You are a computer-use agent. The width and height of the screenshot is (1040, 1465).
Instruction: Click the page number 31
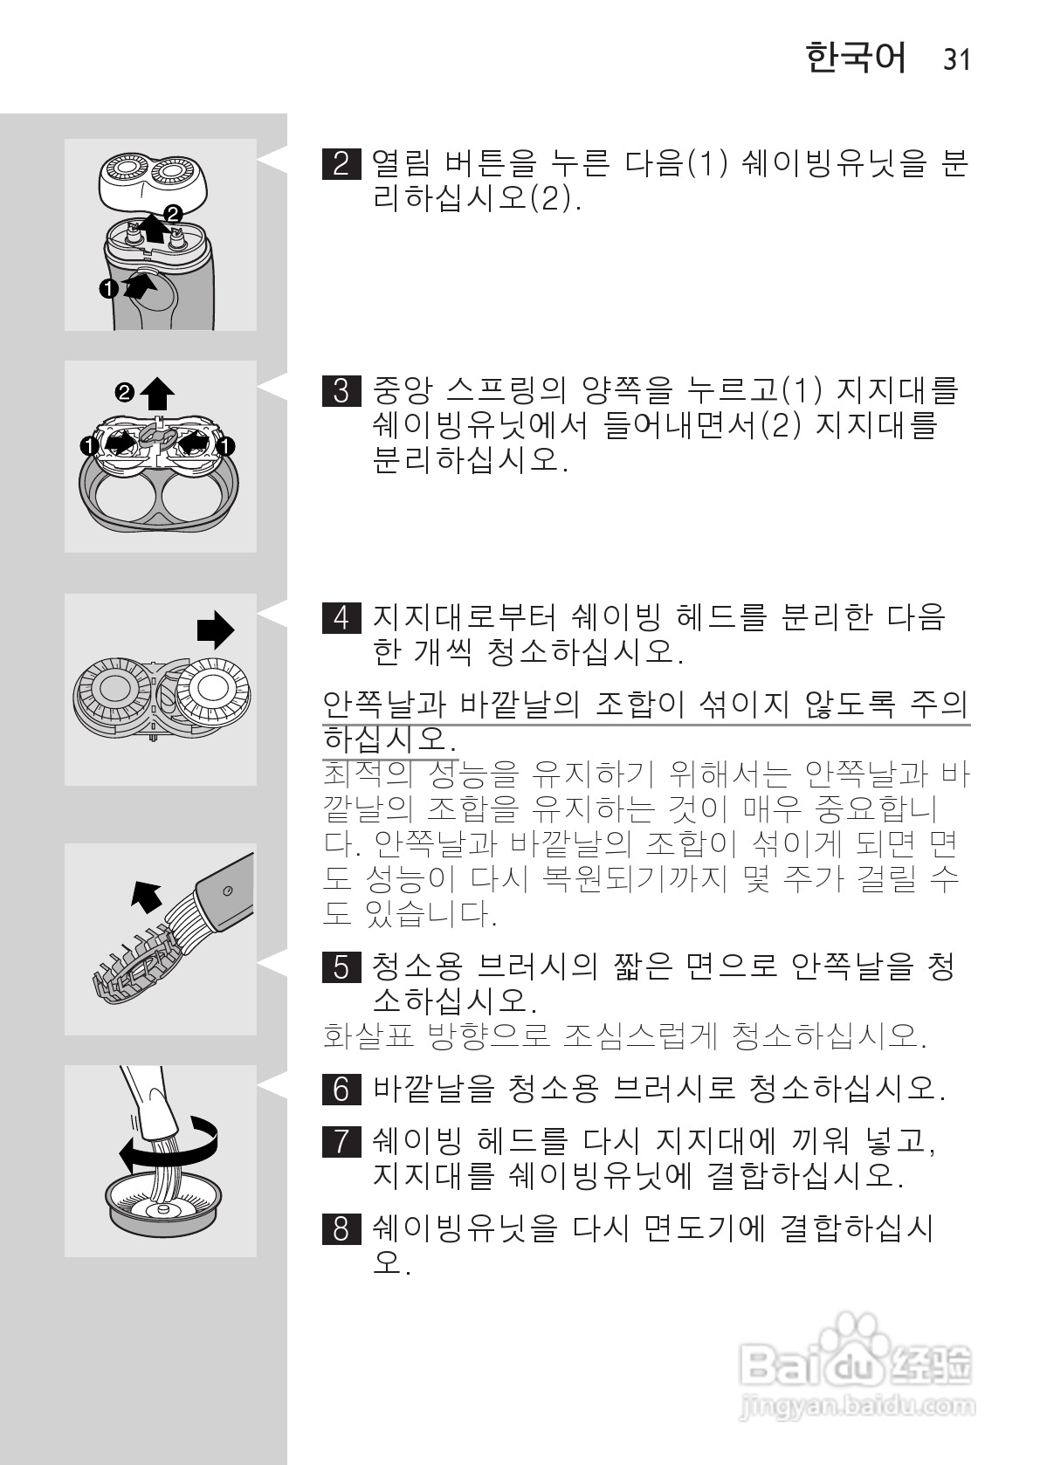tap(956, 59)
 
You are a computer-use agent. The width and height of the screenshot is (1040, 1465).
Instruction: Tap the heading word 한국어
tap(856, 58)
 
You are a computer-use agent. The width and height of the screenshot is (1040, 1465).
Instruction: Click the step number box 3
tap(341, 390)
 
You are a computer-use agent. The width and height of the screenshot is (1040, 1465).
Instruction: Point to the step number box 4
tap(341, 617)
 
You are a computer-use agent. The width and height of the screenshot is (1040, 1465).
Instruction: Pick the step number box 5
tap(341, 966)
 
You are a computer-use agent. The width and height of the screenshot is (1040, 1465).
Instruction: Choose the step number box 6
tap(341, 1089)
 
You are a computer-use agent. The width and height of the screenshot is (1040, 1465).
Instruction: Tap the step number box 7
tap(341, 1141)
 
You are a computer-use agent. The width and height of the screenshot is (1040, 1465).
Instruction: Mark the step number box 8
tap(341, 1228)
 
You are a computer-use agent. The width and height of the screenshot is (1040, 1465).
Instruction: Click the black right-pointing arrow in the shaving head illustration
tap(216, 629)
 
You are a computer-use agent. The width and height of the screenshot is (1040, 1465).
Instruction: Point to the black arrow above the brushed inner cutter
tap(145, 896)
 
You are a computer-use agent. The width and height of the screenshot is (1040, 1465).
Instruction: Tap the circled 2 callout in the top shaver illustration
tap(173, 212)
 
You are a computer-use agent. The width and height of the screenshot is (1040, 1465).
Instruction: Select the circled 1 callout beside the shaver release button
tap(107, 287)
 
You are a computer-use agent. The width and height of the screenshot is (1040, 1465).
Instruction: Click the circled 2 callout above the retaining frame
tap(126, 393)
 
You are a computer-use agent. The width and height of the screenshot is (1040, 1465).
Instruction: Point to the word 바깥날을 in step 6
tap(433, 1089)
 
